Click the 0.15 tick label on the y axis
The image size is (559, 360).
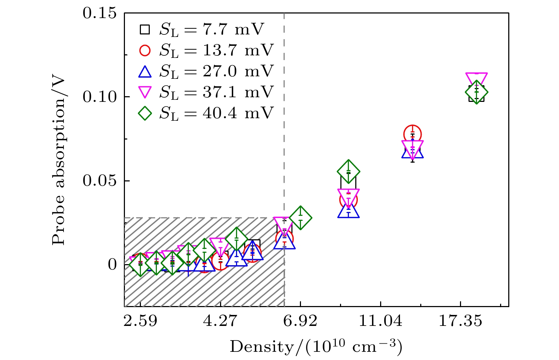tap(99, 13)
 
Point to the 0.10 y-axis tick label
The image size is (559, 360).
tap(99, 97)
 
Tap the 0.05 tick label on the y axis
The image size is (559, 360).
tap(99, 181)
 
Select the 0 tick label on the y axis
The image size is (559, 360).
tap(112, 264)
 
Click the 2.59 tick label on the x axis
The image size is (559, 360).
tap(141, 321)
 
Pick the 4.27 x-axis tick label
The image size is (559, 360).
tap(220, 321)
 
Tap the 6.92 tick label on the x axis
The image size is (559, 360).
tap(300, 321)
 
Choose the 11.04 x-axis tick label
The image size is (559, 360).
tap(380, 321)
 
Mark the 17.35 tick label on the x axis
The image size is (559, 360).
tap(460, 321)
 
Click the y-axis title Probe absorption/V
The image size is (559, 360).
tap(59, 161)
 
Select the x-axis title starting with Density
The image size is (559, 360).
tap(316, 347)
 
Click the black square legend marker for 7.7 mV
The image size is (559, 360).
tap(145, 29)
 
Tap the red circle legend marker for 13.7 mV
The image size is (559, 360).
tap(145, 50)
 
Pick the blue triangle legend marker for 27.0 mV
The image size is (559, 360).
tap(145, 72)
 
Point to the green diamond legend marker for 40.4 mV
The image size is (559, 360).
tap(145, 114)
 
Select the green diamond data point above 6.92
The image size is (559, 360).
tap(301, 218)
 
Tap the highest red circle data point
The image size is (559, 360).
tap(412, 134)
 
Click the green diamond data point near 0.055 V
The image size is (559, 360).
tap(349, 171)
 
